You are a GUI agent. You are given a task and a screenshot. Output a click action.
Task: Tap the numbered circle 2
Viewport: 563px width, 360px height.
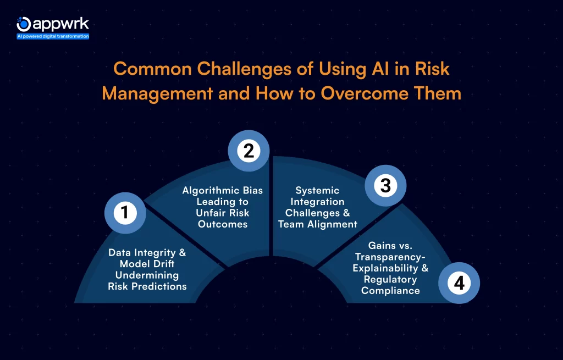pyautogui.click(x=249, y=151)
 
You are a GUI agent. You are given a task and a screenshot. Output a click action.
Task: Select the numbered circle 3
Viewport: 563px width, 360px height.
pyautogui.click(x=385, y=186)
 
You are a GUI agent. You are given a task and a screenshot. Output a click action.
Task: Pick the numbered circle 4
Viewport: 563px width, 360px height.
pyautogui.click(x=459, y=283)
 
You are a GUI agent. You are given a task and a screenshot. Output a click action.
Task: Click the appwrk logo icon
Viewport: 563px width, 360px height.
pyautogui.click(x=24, y=24)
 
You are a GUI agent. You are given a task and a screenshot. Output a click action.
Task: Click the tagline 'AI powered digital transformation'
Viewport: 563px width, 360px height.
pyautogui.click(x=53, y=36)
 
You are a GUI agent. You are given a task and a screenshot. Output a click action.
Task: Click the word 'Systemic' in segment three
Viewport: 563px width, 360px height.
pyautogui.click(x=317, y=191)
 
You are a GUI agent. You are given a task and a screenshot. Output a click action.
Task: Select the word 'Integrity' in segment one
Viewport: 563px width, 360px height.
pyautogui.click(x=156, y=252)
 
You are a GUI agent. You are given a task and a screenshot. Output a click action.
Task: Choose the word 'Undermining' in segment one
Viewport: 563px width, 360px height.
pyautogui.click(x=147, y=275)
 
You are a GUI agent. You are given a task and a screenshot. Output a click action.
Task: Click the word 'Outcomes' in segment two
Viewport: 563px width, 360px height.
pyautogui.click(x=222, y=224)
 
